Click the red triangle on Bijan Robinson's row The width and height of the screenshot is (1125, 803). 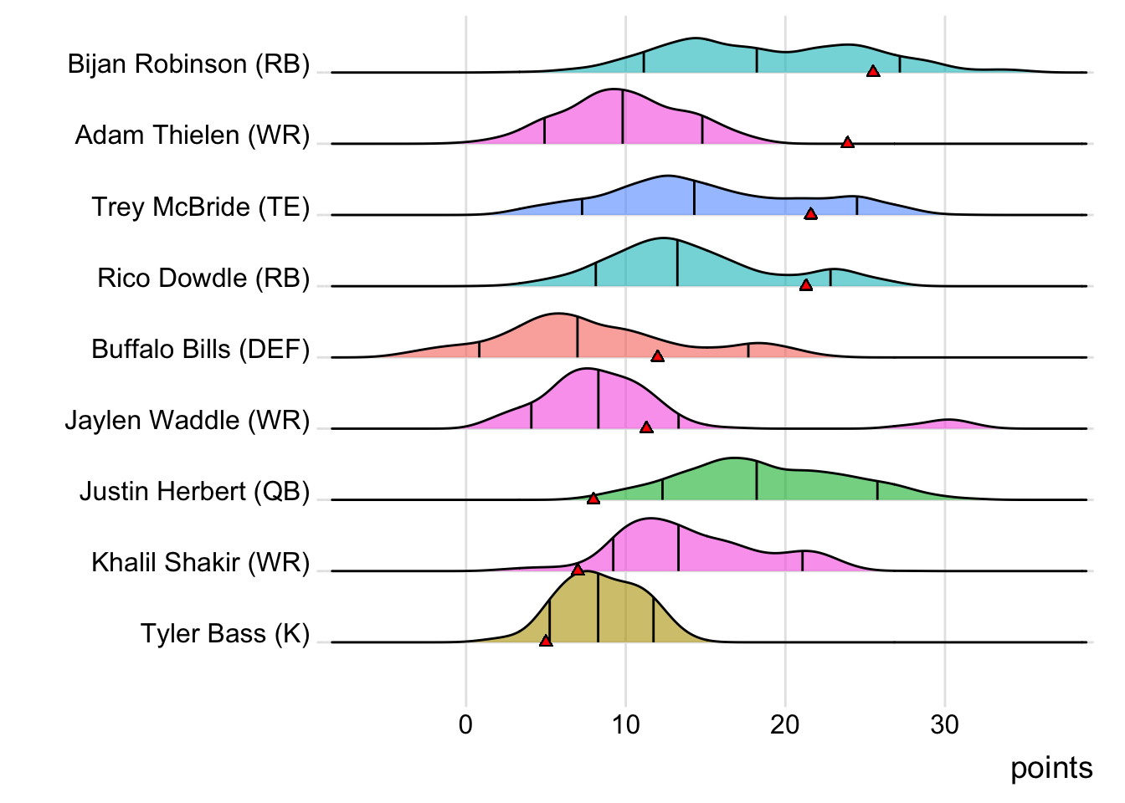click(x=873, y=72)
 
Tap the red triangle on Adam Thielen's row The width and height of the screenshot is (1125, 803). click(x=847, y=143)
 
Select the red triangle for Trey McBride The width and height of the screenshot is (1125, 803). click(x=810, y=214)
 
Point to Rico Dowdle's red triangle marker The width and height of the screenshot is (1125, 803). click(x=805, y=285)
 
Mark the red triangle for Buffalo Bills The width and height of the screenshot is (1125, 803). click(x=657, y=356)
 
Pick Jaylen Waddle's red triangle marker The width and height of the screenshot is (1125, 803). click(x=646, y=427)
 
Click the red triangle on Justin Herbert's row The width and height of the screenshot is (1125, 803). click(x=593, y=499)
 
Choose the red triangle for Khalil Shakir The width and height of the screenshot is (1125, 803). click(x=578, y=570)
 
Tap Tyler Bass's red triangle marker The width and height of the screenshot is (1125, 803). click(x=546, y=641)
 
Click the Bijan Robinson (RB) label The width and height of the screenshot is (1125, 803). click(x=188, y=64)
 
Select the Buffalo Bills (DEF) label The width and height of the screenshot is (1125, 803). click(x=200, y=349)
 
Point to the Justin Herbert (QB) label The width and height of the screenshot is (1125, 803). click(x=194, y=491)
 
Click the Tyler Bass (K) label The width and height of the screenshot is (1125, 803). click(x=224, y=634)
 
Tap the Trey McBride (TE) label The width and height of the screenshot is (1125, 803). click(x=200, y=207)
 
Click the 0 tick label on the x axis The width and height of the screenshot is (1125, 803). click(x=465, y=724)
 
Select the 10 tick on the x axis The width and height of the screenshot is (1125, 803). click(x=625, y=724)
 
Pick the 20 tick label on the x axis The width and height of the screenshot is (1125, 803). click(x=785, y=724)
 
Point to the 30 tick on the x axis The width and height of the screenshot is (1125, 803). click(x=945, y=724)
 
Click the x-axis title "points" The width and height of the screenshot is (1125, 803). click(x=1051, y=768)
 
